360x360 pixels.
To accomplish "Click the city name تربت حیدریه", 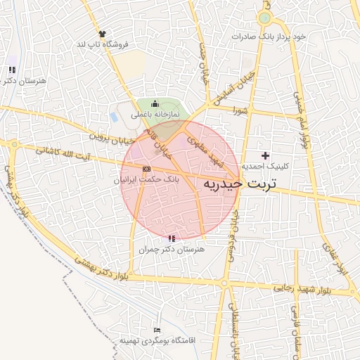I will [240, 183].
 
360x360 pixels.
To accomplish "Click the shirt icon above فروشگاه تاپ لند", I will [103, 33].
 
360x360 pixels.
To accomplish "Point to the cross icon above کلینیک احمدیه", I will [265, 155].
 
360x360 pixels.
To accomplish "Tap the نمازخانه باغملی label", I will [155, 114].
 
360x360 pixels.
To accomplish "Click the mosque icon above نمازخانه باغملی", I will [155, 104].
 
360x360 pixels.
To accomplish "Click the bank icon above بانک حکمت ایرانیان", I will [146, 169].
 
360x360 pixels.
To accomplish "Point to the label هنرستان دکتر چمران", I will [172, 249].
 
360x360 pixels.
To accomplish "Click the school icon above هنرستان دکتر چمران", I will [172, 238].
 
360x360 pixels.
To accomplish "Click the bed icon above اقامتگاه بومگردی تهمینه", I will [157, 330].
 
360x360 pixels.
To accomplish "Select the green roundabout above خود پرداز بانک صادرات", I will [265, 18].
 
